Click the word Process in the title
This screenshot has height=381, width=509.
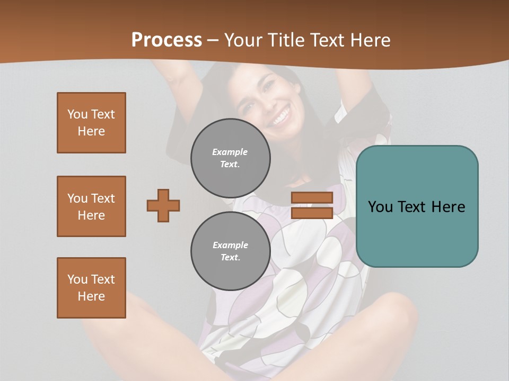coord(166,40)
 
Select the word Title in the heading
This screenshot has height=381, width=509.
coord(285,40)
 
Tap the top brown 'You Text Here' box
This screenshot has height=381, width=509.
coord(91,123)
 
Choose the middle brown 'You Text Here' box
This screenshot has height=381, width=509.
coord(91,206)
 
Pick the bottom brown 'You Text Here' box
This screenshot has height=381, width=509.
coord(91,288)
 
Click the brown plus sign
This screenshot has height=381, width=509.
coord(163,205)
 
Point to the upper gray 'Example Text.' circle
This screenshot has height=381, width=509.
coord(230,158)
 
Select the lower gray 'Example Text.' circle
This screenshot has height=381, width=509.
coord(230,251)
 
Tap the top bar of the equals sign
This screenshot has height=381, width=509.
coord(312,197)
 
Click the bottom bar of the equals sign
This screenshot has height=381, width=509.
coord(312,213)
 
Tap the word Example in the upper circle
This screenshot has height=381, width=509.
coord(230,152)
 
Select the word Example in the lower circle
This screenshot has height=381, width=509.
coord(230,245)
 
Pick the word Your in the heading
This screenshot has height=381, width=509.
coord(243,40)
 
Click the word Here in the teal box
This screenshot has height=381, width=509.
coord(448,207)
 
